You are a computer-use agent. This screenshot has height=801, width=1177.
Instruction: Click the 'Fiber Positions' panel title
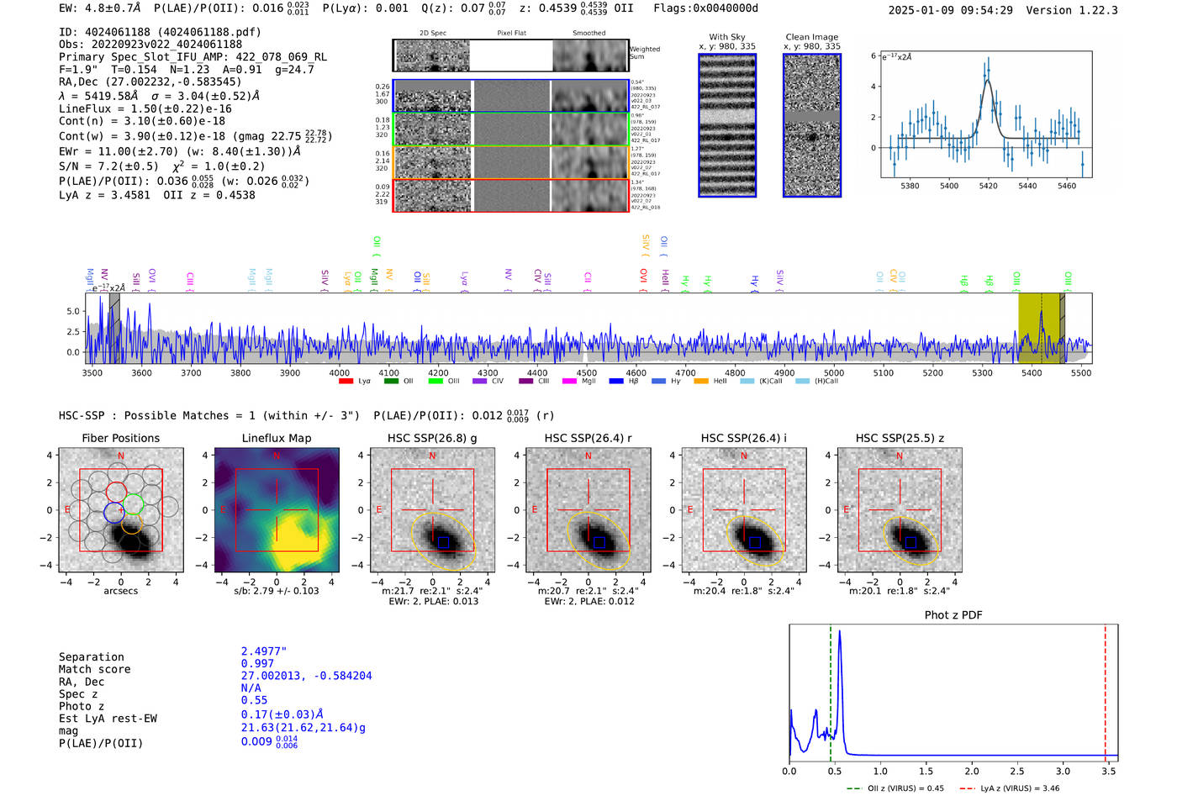tap(120, 438)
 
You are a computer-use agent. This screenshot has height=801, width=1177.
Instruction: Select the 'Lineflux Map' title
tap(276, 438)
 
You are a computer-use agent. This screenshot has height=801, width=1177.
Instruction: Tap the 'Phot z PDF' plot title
tap(953, 615)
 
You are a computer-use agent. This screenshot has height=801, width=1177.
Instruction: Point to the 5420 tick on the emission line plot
tap(988, 186)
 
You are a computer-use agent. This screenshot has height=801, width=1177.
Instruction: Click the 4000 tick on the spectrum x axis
tap(340, 373)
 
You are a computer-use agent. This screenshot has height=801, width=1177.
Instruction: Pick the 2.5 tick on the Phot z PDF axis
tap(1017, 771)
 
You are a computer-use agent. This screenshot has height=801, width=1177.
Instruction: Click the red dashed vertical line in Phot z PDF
tap(1105, 689)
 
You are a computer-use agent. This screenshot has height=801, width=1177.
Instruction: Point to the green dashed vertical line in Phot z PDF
tap(831, 689)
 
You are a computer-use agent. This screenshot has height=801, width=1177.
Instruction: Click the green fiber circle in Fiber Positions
tap(133, 504)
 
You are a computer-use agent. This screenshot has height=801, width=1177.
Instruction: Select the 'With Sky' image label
tap(726, 37)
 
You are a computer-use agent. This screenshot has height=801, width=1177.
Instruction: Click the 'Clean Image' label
tap(811, 37)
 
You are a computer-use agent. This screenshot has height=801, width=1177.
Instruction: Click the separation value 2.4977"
tap(264, 651)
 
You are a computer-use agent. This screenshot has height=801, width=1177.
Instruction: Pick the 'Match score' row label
tap(94, 670)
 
